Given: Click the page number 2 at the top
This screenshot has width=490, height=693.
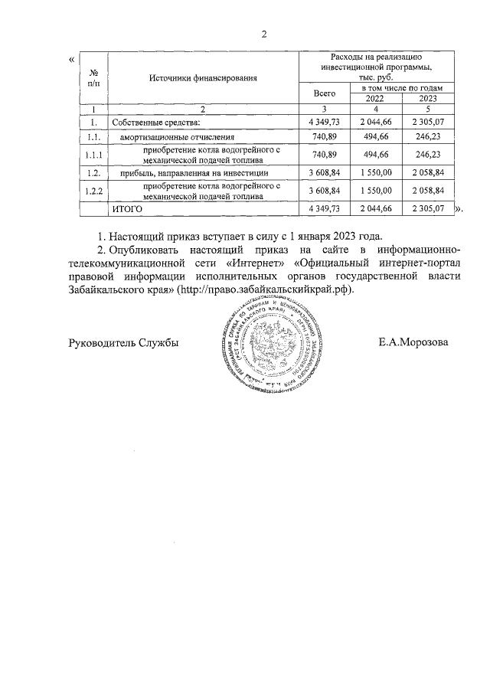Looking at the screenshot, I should point(264,34).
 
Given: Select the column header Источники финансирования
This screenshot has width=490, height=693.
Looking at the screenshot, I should point(203,77).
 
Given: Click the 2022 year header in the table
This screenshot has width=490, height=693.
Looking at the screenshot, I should point(375,99).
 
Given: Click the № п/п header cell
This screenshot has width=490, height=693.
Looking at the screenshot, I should point(93,77).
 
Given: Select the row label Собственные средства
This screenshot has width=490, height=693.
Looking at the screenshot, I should point(155,123).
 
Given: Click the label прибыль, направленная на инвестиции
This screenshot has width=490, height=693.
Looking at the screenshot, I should point(188,174).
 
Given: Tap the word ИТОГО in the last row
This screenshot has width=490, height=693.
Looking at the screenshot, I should point(127,208).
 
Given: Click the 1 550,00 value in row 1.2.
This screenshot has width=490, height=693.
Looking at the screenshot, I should point(375,174).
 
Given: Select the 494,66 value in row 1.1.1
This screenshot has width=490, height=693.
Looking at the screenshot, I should point(375,155).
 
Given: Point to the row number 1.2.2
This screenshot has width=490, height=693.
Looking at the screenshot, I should point(93,191).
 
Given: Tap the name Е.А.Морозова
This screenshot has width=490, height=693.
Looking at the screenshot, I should point(413,342).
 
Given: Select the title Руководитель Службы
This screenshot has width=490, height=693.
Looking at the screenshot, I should point(124,342).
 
